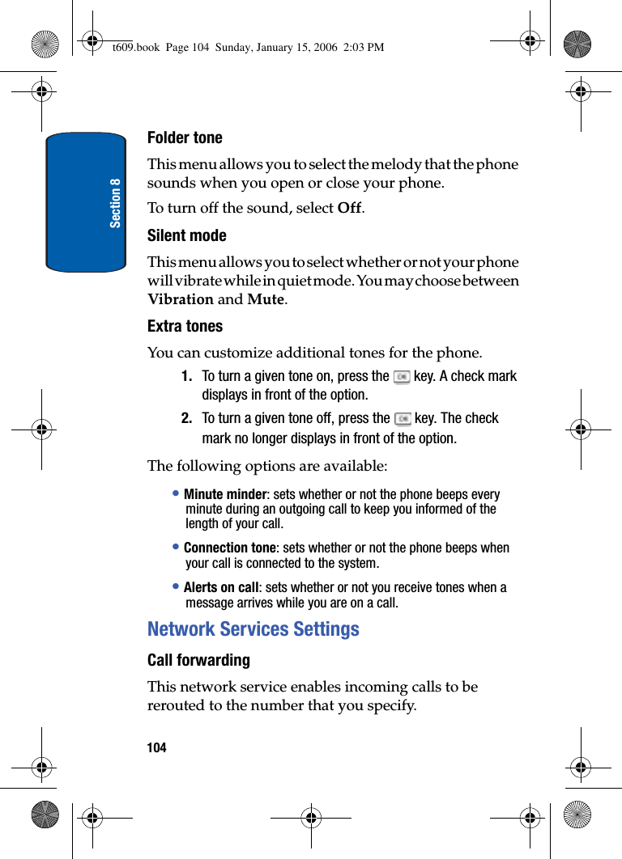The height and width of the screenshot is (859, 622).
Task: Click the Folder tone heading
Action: coord(185,138)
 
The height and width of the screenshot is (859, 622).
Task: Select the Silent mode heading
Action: coord(187,236)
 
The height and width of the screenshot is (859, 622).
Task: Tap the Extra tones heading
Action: coord(185,327)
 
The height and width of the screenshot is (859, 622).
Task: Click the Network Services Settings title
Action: coord(253,629)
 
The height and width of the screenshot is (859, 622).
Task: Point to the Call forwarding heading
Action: coord(198,661)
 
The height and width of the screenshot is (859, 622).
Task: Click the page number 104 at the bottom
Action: coord(157,748)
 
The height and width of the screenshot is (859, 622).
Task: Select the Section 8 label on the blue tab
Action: coord(116,202)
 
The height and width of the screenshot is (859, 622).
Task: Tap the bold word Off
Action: coord(349,209)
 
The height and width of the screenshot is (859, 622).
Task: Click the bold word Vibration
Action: coord(181,299)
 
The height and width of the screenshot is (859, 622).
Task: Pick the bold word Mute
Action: coord(266,299)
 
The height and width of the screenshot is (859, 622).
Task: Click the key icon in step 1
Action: coord(402,377)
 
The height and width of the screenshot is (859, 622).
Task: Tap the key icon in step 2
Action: coord(403,419)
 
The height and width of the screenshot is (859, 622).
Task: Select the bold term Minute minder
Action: coord(225,495)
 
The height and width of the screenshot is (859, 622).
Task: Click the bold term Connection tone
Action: coord(230,548)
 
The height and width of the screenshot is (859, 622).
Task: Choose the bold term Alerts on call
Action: coord(221,588)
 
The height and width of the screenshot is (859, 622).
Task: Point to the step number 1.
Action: coord(187,377)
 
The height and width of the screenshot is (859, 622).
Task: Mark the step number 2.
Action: coord(187,419)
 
